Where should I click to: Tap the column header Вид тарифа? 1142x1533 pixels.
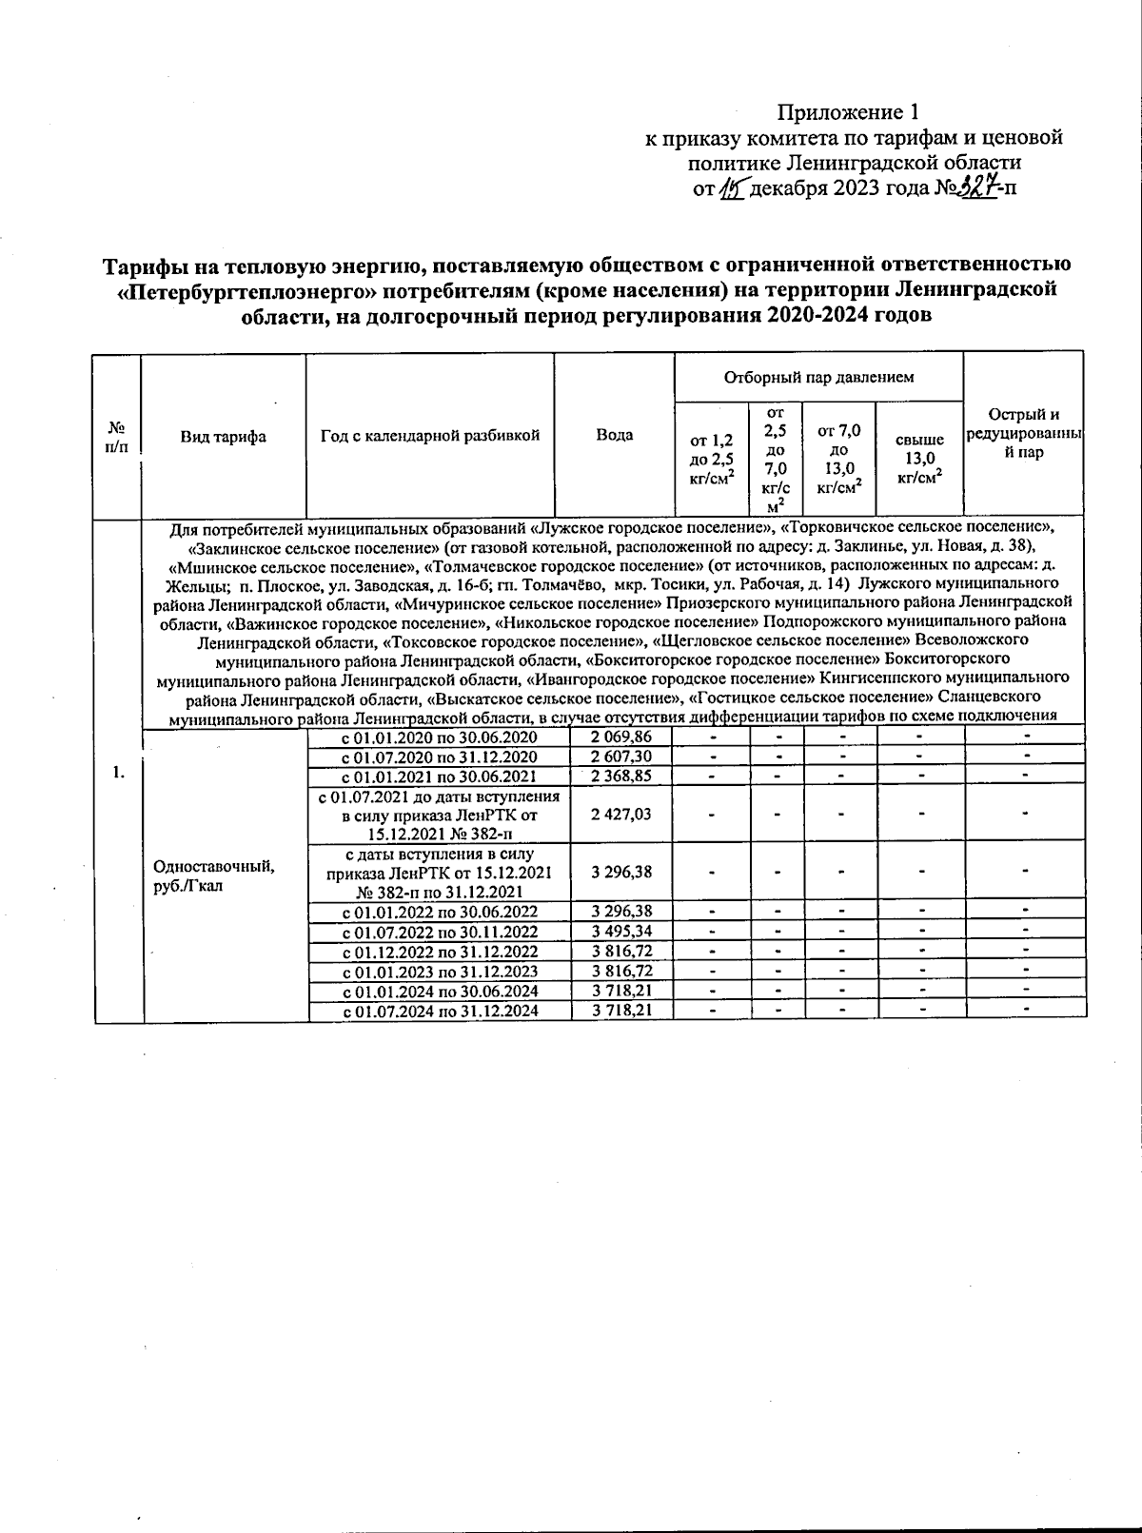(x=224, y=437)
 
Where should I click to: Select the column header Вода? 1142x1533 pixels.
(x=615, y=435)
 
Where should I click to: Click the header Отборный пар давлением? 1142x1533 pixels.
(x=818, y=377)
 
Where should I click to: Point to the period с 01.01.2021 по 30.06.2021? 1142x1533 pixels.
(x=440, y=776)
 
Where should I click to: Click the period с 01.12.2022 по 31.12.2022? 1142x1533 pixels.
(x=440, y=952)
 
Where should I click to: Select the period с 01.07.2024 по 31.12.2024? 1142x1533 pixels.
(x=440, y=1011)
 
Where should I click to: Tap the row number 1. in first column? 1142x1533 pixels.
(x=118, y=773)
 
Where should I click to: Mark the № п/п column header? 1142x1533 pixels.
(x=117, y=437)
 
